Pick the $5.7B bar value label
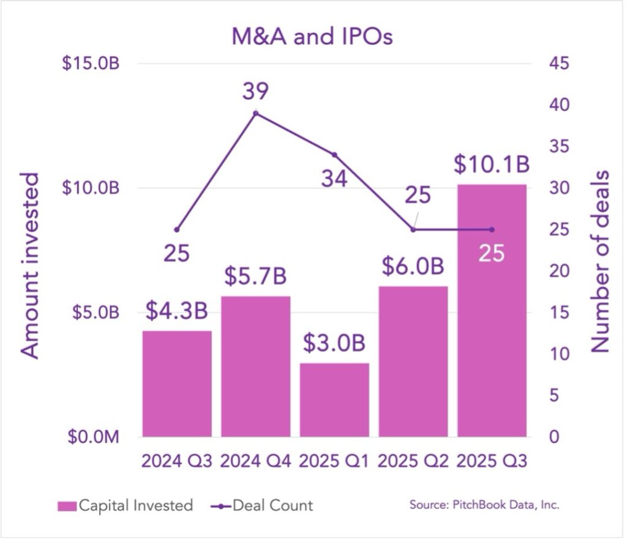tap(255, 277)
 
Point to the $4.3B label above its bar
tap(176, 310)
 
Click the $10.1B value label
tap(492, 164)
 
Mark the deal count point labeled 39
tap(255, 113)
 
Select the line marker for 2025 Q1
tap(334, 155)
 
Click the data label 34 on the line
tap(334, 179)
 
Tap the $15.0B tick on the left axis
tap(90, 64)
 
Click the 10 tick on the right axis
tap(555, 354)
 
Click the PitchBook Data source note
tap(485, 506)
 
